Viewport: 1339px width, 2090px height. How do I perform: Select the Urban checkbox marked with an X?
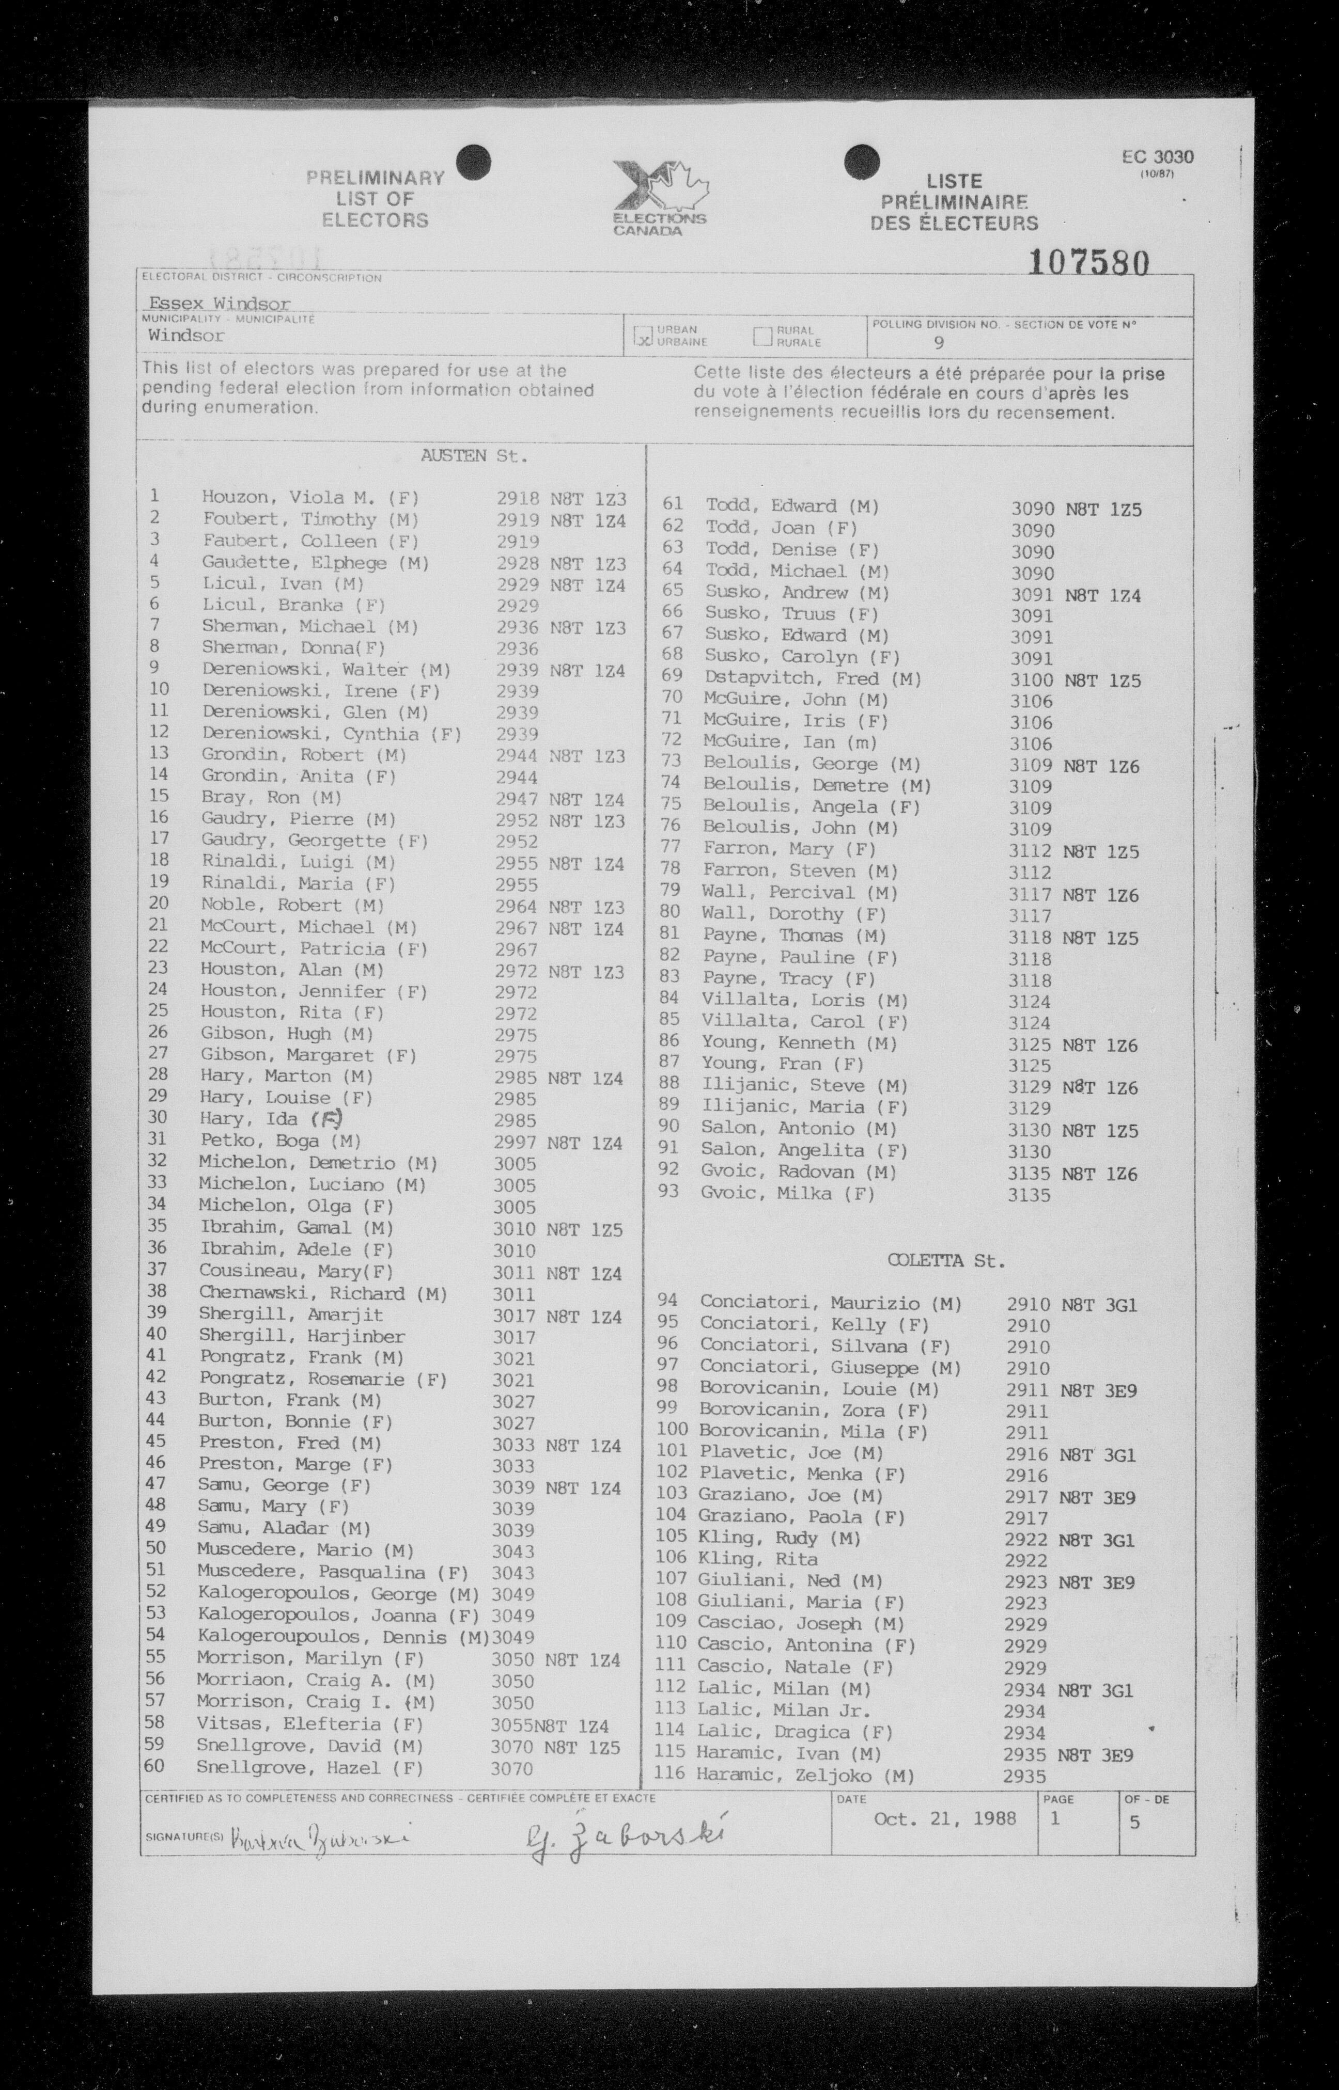click(644, 336)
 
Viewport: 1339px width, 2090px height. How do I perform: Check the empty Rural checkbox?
click(764, 336)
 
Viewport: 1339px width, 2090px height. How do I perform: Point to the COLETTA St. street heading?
click(945, 1261)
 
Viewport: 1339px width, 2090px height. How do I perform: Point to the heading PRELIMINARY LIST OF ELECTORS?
click(376, 199)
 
